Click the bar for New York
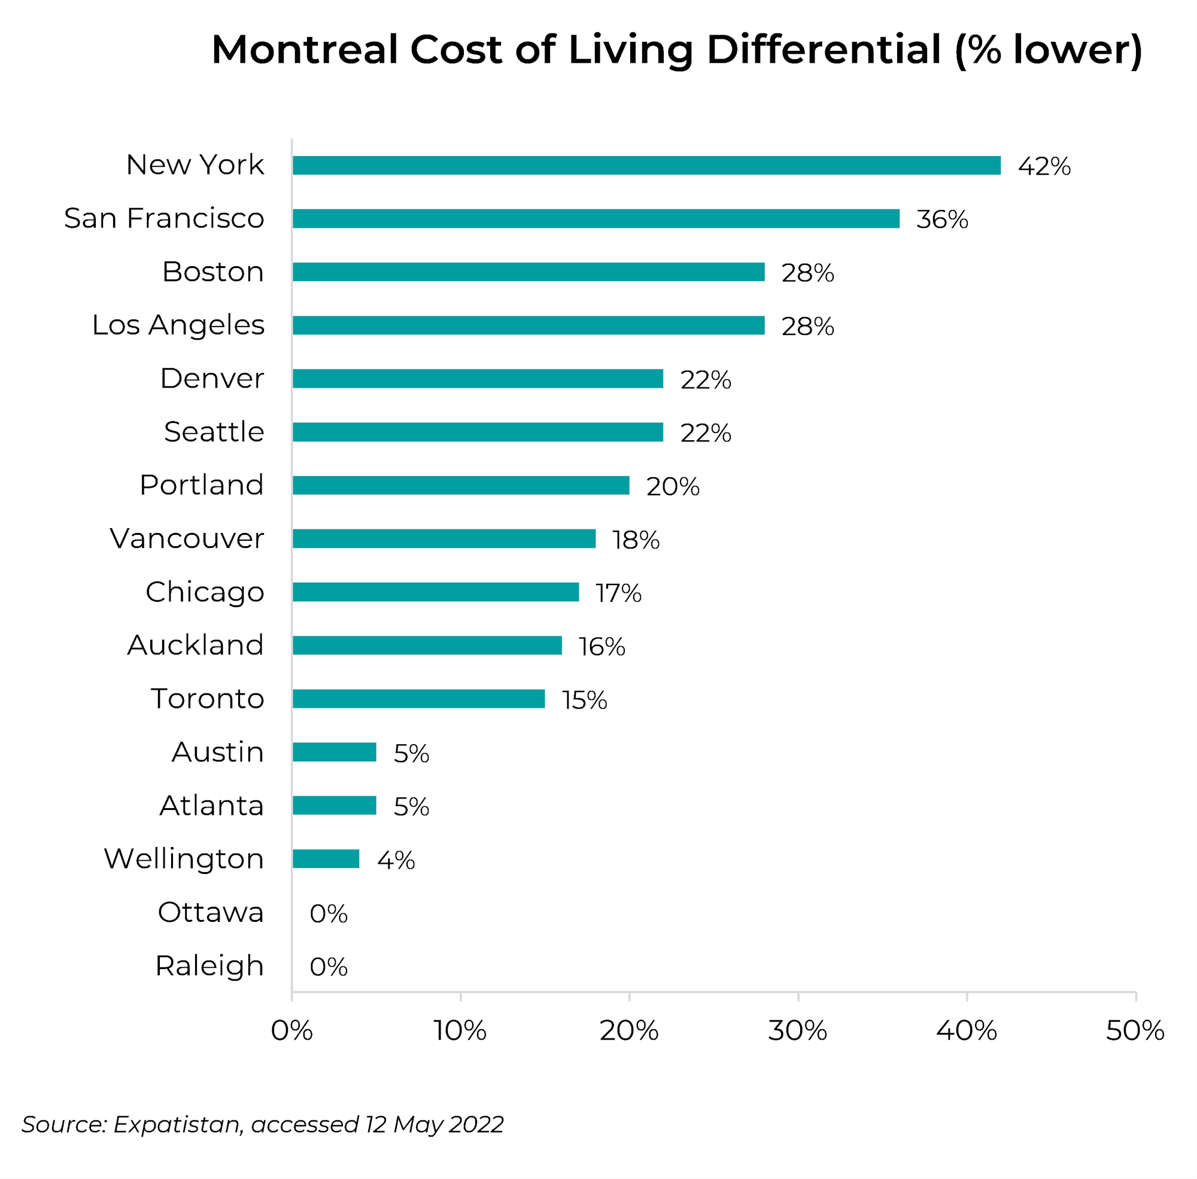[646, 165]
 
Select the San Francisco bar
[596, 218]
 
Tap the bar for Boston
[528, 272]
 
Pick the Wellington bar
[326, 859]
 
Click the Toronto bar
[419, 699]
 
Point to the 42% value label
[1044, 166]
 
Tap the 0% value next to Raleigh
[329, 967]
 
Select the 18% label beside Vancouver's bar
[636, 540]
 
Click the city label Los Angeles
[178, 325]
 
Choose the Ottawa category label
[211, 912]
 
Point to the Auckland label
[195, 645]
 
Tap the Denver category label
[212, 379]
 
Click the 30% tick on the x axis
[797, 1031]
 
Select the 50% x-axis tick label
[1134, 1031]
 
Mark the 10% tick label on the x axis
[460, 1031]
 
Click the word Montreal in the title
[304, 50]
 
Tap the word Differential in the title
[824, 50]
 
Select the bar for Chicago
[436, 592]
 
